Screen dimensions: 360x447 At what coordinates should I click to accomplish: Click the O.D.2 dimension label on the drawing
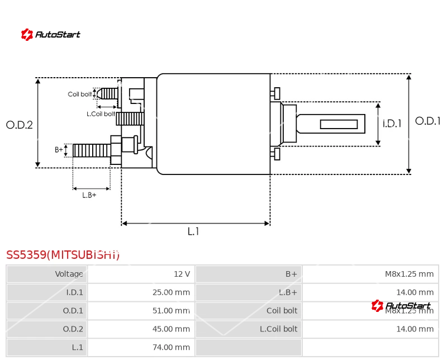click(20, 125)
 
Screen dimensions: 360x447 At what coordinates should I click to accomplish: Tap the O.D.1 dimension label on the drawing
click(428, 121)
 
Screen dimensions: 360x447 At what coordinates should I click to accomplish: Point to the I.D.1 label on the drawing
click(392, 124)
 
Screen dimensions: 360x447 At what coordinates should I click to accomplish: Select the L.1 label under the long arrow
click(193, 231)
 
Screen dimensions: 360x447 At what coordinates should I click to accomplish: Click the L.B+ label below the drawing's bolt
click(89, 195)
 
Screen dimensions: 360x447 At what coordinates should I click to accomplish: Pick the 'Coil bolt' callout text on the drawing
click(80, 94)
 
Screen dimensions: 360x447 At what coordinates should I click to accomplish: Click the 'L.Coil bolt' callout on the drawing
click(101, 114)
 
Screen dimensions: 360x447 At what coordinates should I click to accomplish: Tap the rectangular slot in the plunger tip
click(339, 124)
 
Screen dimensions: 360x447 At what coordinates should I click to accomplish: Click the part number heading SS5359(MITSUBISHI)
click(63, 255)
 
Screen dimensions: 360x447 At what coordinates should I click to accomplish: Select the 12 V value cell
click(182, 274)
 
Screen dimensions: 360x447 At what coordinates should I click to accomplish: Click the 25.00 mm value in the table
click(171, 292)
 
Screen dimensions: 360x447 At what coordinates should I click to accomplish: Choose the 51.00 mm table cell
click(171, 311)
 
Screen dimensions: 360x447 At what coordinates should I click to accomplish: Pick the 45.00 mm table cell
click(171, 329)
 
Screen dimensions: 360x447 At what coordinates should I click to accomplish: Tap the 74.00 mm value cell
click(171, 347)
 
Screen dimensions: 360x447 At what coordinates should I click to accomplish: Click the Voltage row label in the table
click(69, 274)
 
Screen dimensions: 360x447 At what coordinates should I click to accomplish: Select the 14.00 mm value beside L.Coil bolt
click(415, 329)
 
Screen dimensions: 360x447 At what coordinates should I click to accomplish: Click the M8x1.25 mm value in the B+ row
click(409, 274)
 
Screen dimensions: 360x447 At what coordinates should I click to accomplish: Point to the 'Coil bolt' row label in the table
click(282, 311)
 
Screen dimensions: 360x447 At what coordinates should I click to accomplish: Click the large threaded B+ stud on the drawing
click(92, 150)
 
